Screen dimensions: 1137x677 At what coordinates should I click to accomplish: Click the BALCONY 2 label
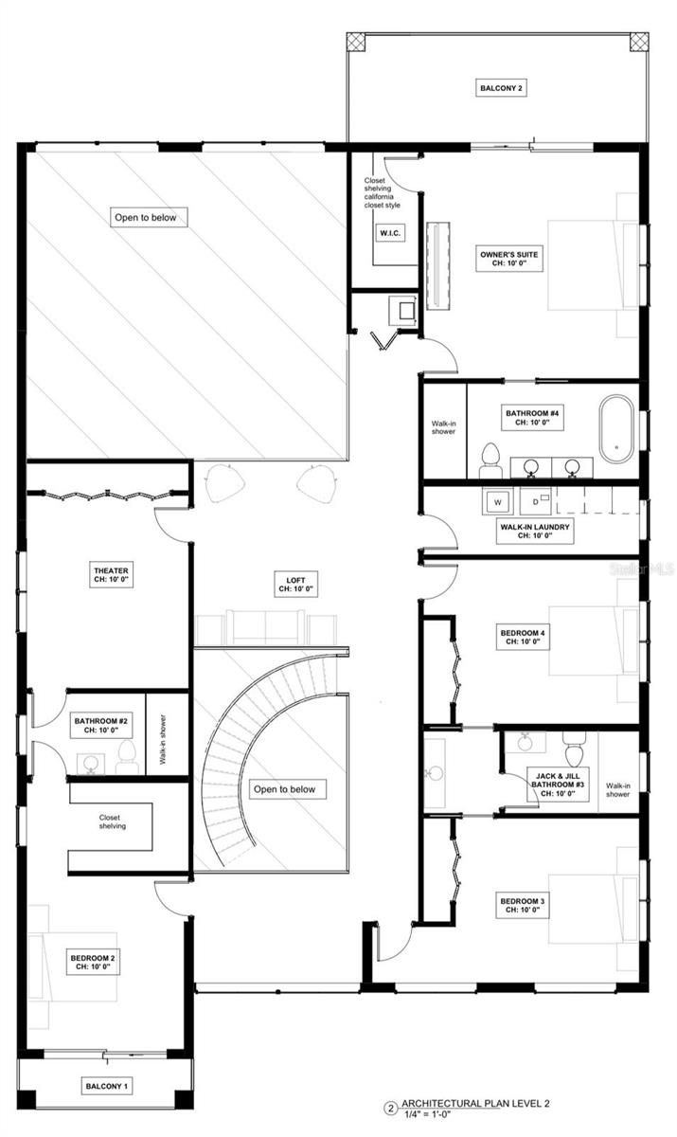(x=501, y=89)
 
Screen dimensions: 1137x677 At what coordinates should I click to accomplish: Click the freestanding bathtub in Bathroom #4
(x=617, y=423)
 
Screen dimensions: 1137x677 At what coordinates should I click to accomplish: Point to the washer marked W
(x=498, y=499)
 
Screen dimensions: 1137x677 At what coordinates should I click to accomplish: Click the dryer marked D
(x=535, y=499)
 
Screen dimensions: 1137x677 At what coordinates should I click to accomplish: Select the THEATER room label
(x=110, y=575)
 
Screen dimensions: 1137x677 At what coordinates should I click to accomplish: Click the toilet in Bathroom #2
(x=127, y=755)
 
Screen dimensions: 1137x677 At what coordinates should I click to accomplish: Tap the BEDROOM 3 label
(x=522, y=905)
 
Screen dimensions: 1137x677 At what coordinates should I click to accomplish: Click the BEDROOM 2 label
(x=93, y=963)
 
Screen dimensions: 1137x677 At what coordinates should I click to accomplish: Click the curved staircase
(x=232, y=758)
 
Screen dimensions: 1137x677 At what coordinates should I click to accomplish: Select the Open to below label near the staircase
(x=288, y=788)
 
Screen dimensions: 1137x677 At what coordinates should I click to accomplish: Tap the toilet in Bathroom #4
(x=490, y=459)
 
